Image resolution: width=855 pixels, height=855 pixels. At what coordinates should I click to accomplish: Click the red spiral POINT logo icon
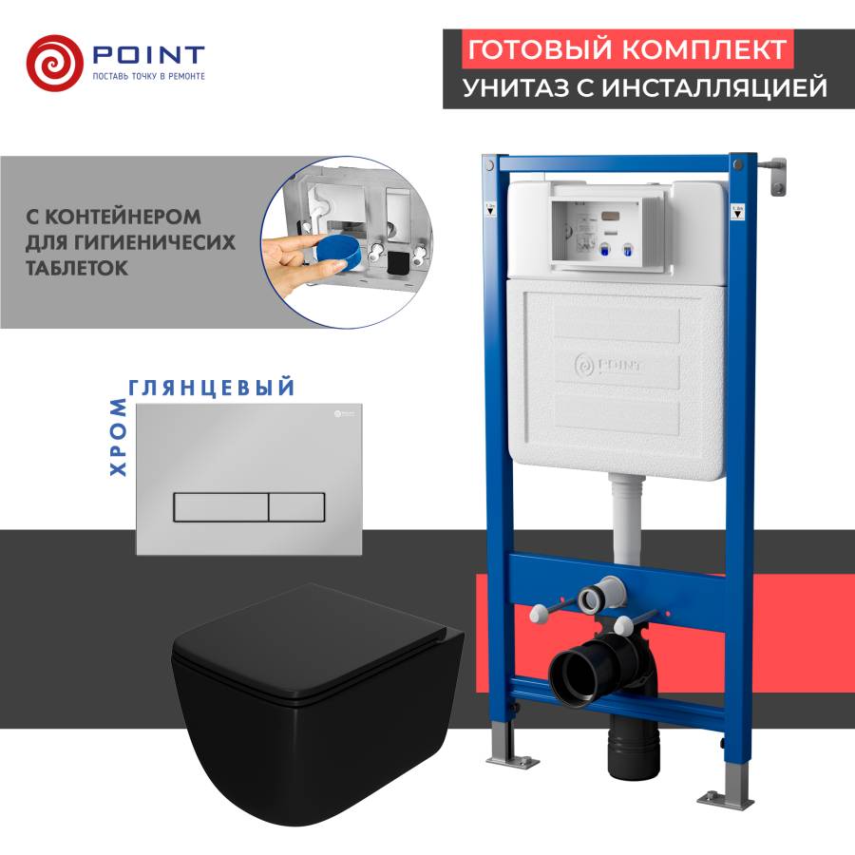pos(54,63)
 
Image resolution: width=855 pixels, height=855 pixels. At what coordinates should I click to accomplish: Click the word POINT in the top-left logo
pos(148,55)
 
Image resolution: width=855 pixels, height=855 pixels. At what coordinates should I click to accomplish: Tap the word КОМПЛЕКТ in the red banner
pos(704,49)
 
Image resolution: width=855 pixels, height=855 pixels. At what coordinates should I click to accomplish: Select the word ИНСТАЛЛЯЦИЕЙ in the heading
pos(714,87)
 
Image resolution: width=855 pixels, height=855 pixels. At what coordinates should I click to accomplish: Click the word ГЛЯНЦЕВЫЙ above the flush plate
pos(212,388)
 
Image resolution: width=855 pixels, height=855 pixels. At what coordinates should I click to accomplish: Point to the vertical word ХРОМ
pos(119,437)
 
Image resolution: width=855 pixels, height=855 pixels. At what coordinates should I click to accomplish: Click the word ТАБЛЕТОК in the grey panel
pos(77,268)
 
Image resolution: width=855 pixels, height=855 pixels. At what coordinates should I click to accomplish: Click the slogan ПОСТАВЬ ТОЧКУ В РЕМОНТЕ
pos(149,76)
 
